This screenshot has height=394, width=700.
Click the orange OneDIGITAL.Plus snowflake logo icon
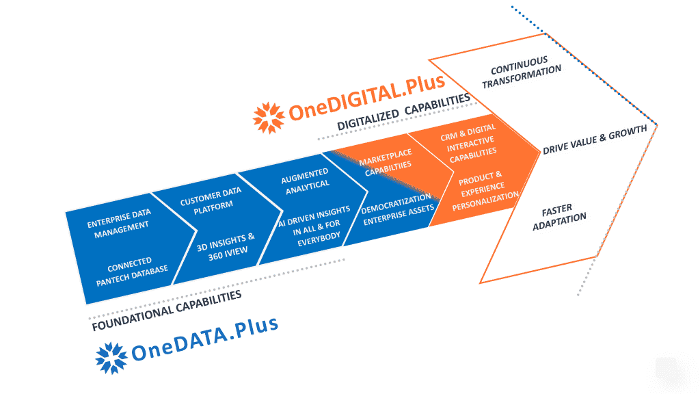[269, 118]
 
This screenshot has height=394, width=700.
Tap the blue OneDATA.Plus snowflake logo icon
[111, 358]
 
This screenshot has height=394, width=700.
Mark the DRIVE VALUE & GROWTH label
[594, 140]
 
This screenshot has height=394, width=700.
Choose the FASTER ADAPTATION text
[559, 215]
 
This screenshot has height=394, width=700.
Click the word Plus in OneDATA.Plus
[254, 328]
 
